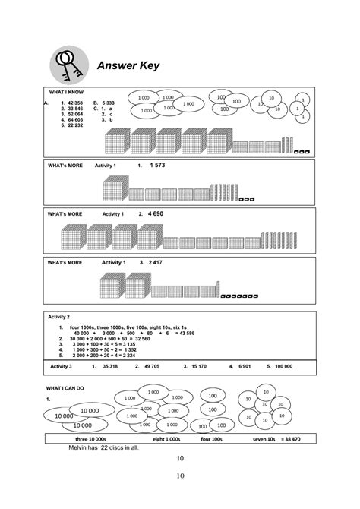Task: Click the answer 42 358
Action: pyautogui.click(x=77, y=103)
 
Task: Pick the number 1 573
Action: pyautogui.click(x=157, y=165)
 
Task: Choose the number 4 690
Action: pyautogui.click(x=156, y=214)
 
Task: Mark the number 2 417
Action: pyautogui.click(x=156, y=262)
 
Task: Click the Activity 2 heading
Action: pyautogui.click(x=58, y=316)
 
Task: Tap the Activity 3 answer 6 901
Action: pyautogui.click(x=244, y=366)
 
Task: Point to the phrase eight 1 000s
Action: pyautogui.click(x=166, y=439)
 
